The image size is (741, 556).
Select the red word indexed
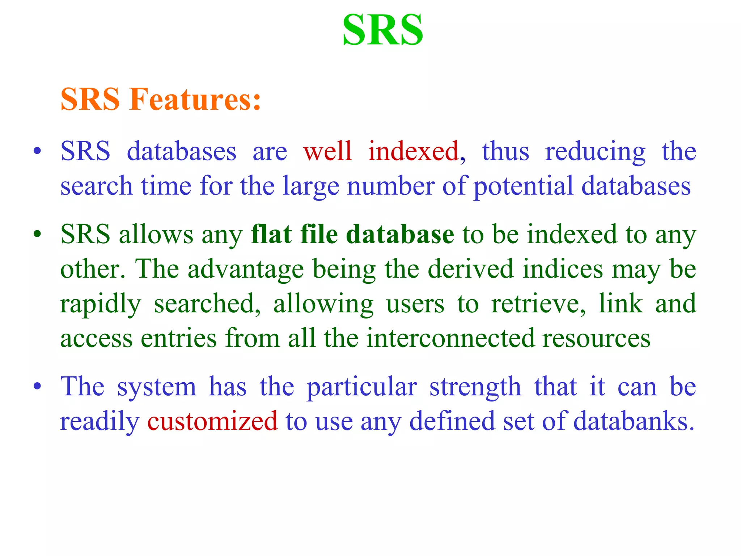click(x=414, y=151)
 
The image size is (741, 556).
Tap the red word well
click(x=328, y=151)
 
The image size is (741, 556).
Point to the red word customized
click(x=212, y=421)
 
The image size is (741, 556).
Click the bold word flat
click(x=272, y=234)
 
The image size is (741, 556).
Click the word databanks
click(x=634, y=421)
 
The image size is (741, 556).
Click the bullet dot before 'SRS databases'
click(x=37, y=151)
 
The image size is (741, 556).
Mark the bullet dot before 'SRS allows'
click(x=37, y=235)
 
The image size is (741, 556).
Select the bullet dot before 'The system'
click(x=37, y=387)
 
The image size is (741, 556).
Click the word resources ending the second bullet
click(x=596, y=338)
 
